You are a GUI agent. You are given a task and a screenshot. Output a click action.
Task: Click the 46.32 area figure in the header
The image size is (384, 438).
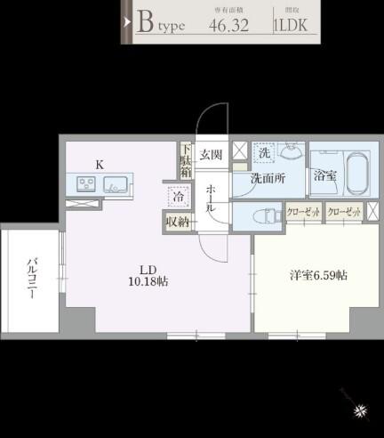point(228,24)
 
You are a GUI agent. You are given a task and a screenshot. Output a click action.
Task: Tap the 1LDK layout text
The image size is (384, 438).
point(291,25)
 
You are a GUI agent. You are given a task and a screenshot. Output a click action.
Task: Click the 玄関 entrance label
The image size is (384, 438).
point(211,155)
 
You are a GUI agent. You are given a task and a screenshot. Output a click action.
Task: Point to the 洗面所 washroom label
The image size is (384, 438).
point(267,177)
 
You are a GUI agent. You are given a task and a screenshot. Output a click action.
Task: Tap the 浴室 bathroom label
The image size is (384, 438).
point(324,174)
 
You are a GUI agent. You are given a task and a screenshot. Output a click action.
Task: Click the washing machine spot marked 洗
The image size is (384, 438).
point(264,154)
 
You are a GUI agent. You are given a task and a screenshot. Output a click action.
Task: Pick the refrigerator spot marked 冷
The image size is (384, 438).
point(178,197)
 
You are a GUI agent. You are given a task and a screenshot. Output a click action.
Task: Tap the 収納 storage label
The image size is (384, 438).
point(177,221)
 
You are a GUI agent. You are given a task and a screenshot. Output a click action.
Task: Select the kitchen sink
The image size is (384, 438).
point(116,184)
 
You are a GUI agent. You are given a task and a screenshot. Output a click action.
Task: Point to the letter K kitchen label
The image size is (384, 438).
point(100,163)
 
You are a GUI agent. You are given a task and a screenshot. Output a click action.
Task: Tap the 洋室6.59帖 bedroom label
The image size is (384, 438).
point(316,275)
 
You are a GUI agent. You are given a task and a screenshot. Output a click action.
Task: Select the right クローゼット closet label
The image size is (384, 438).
point(344,212)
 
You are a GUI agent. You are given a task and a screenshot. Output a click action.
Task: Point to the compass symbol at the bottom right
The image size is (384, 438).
point(360,410)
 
